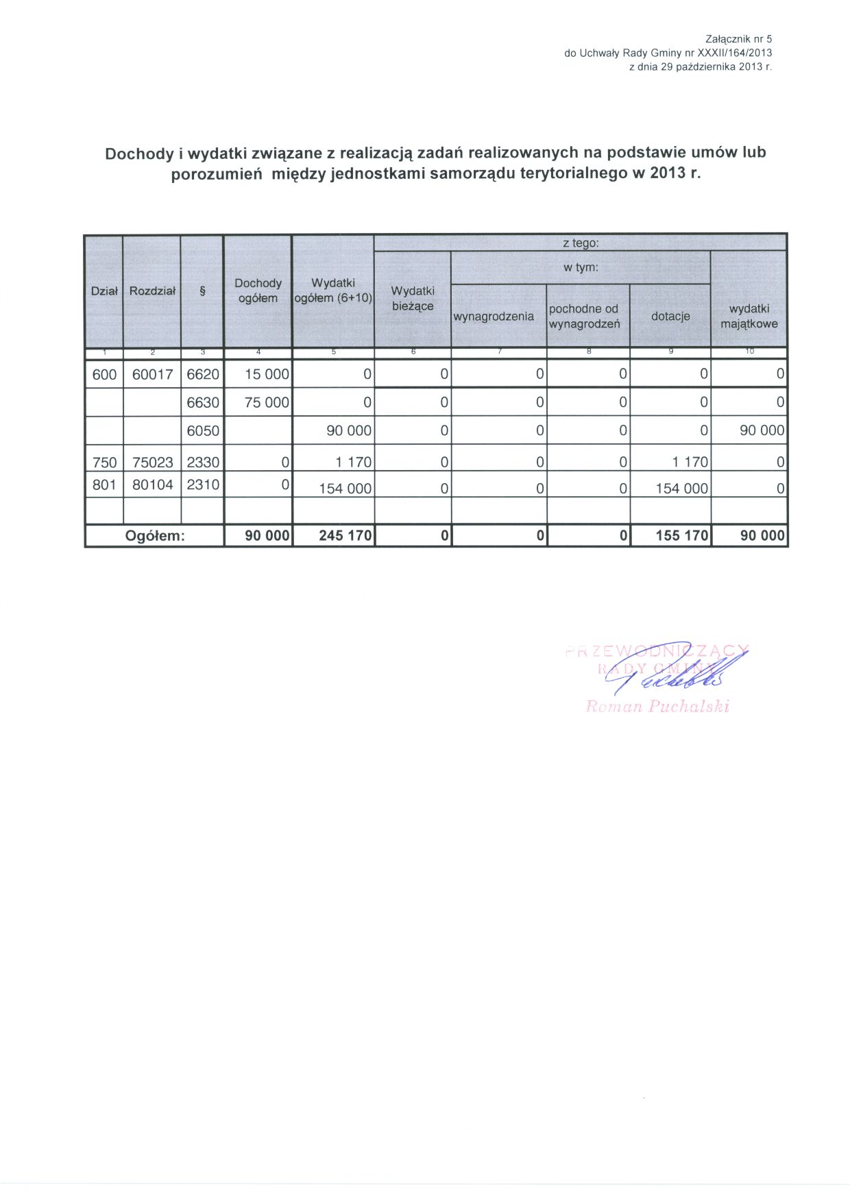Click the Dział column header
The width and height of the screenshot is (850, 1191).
click(104, 291)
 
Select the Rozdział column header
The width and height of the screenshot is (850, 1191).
click(152, 291)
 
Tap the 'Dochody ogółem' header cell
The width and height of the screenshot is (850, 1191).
click(258, 291)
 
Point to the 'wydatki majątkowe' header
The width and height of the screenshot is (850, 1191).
click(749, 317)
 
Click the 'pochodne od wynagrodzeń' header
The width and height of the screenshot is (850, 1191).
click(584, 317)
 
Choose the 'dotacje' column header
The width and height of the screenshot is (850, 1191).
click(670, 317)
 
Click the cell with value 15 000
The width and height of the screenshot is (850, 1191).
click(267, 375)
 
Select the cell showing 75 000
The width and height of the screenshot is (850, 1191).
click(267, 403)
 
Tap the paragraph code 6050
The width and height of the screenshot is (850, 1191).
click(203, 431)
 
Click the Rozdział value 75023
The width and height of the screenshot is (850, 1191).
click(152, 463)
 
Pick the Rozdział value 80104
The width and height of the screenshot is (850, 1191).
click(152, 485)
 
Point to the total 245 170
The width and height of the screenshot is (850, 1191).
click(345, 536)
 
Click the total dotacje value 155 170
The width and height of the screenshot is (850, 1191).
click(681, 536)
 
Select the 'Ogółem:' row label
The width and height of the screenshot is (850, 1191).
click(155, 536)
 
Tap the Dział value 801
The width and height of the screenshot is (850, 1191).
click(104, 485)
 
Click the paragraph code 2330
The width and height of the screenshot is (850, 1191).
click(203, 463)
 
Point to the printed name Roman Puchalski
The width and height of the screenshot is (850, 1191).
click(657, 707)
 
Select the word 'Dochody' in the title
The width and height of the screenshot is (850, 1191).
click(138, 154)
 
